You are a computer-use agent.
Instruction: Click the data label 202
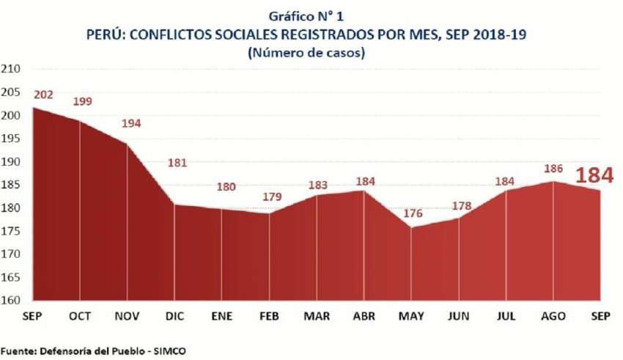(x=43, y=95)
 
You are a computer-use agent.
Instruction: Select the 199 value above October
(x=83, y=101)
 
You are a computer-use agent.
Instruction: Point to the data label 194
(x=131, y=123)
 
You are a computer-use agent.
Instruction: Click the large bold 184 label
(x=594, y=176)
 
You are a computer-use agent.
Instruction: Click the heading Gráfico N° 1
(x=311, y=17)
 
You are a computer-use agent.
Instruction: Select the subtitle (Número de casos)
(x=311, y=53)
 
